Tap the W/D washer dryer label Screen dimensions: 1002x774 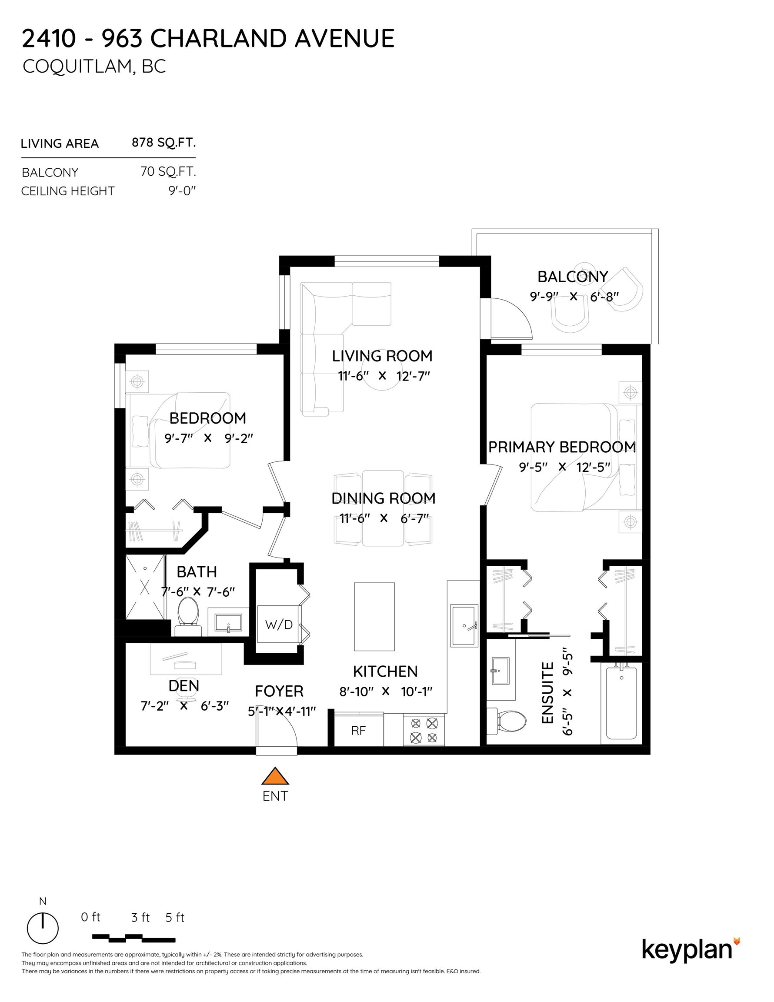coord(278,625)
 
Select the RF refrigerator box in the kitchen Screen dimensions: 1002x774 coord(358,730)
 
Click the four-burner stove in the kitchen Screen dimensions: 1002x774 coord(424,730)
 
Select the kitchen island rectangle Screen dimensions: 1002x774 coord(374,617)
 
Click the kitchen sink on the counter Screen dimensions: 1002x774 coord(464,626)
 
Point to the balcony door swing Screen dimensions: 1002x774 coord(509,318)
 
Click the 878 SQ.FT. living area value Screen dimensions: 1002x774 coord(163,143)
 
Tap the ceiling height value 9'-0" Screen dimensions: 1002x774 coord(182,191)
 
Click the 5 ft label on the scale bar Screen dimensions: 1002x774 coord(175,918)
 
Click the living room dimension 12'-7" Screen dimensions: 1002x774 coord(414,376)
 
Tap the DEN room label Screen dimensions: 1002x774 coord(184,685)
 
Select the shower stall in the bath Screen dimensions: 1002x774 coord(145,588)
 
